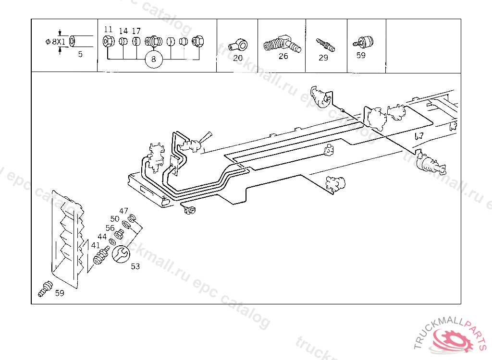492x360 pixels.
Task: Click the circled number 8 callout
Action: coord(154,60)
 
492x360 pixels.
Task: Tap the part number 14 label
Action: coord(123,31)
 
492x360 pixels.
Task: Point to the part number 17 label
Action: coord(136,31)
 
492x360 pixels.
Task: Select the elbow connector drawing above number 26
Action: coord(282,45)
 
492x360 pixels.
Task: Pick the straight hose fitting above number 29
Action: coord(325,45)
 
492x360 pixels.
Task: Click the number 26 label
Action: coord(283,56)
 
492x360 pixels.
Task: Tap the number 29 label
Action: coord(323,58)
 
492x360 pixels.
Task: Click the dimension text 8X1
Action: coord(58,42)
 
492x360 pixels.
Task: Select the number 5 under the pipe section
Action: coord(80,54)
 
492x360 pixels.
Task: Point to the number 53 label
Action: coord(135,266)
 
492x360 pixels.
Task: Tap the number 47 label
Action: coord(124,211)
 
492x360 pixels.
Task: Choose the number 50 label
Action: coord(115,219)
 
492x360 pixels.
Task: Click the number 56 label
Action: coord(110,228)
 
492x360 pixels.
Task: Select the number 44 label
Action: coord(102,237)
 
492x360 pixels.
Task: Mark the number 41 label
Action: coord(96,245)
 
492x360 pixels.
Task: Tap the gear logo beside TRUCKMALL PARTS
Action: coord(451,339)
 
